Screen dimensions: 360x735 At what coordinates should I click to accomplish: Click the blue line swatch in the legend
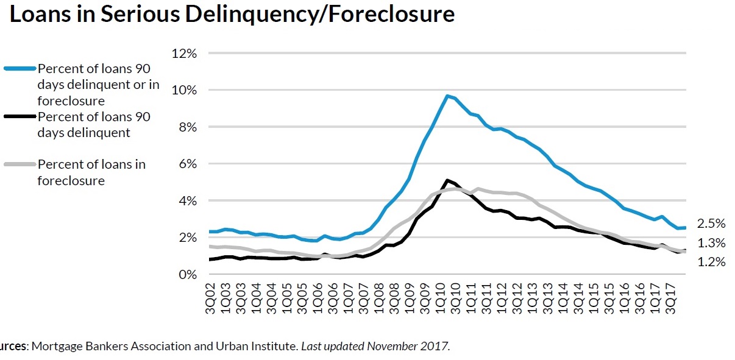(x=20, y=68)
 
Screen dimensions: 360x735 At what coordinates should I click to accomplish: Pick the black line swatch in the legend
(x=20, y=117)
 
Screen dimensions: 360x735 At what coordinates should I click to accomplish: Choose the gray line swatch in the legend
(x=20, y=164)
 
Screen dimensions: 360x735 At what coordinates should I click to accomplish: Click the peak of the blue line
(x=447, y=96)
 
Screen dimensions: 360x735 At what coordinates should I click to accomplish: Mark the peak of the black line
(x=447, y=180)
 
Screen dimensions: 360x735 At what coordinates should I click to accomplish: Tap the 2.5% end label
(x=711, y=224)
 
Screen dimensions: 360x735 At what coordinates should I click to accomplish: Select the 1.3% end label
(x=711, y=243)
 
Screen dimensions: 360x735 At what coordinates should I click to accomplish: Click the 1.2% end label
(x=711, y=262)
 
